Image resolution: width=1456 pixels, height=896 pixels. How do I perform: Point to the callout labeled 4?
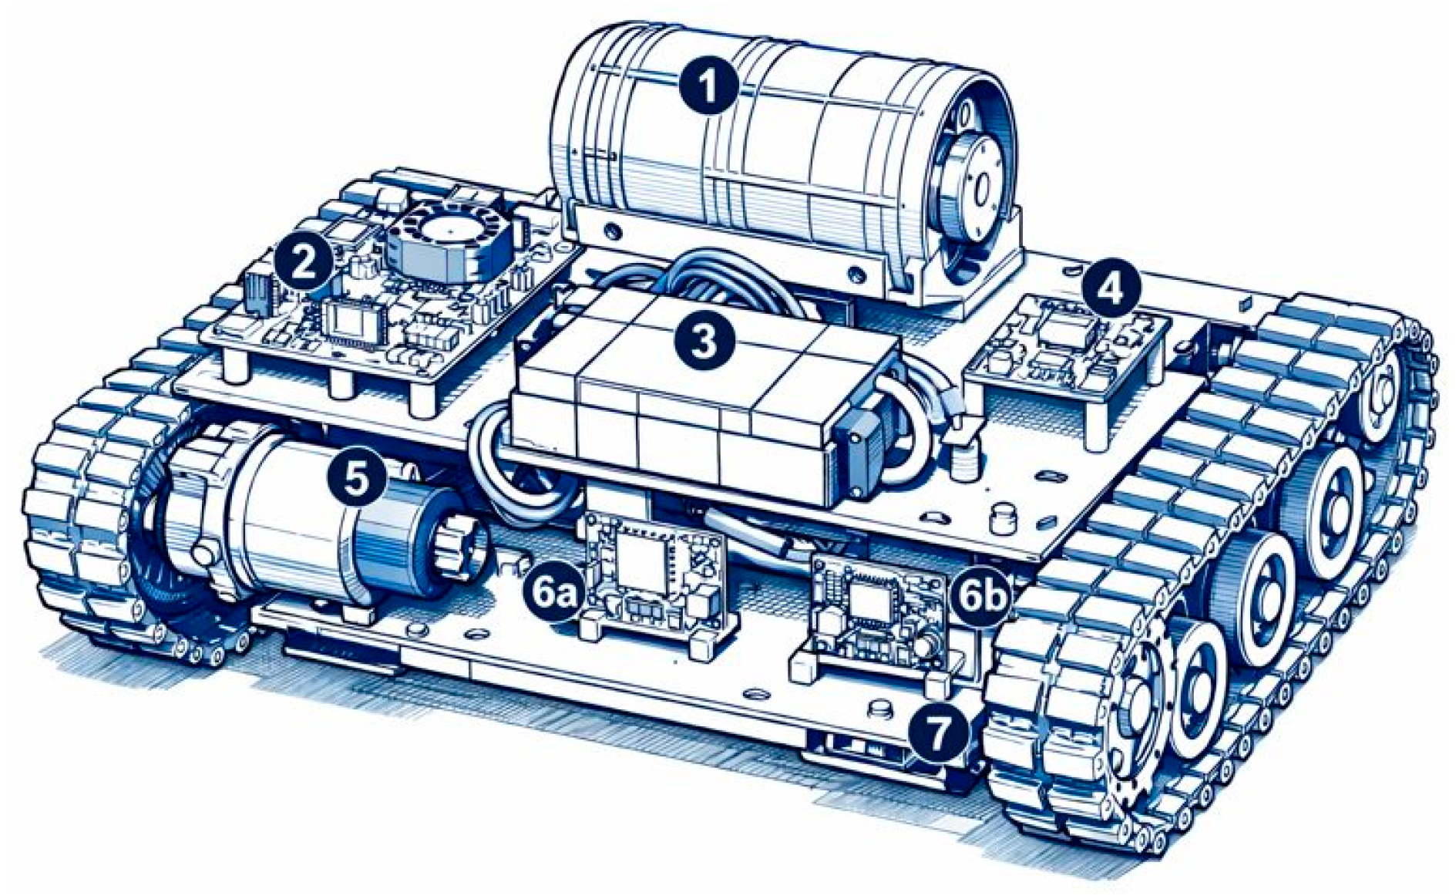click(1109, 289)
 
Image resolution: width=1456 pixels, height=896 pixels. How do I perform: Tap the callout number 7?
click(937, 732)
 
